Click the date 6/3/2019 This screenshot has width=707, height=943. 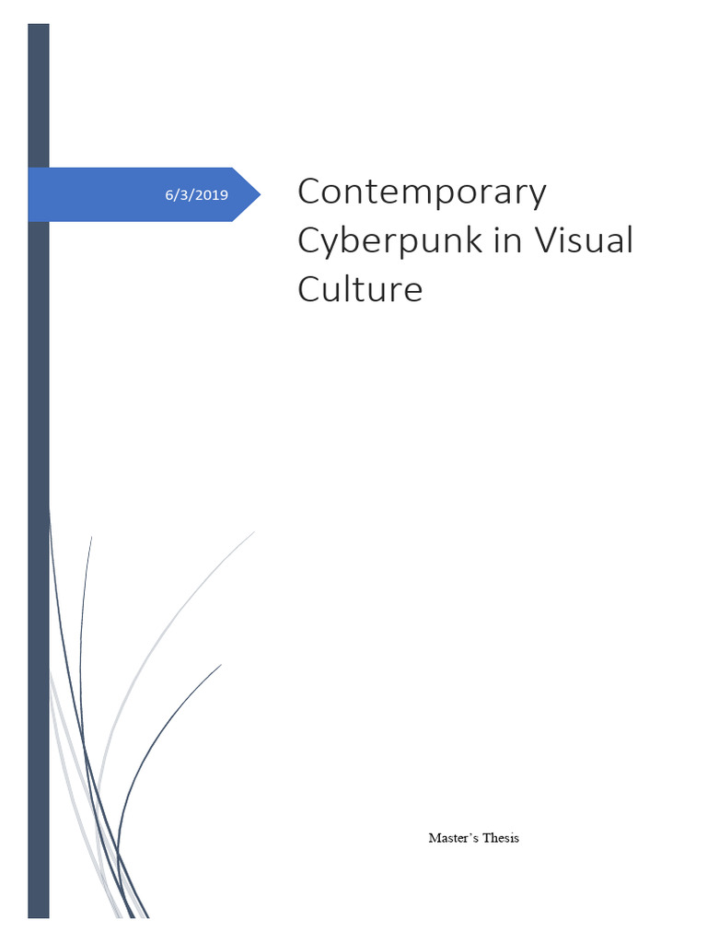tap(196, 195)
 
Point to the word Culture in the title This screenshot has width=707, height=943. tap(360, 289)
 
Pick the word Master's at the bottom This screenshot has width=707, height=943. tap(449, 838)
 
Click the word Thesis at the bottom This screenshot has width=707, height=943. tap(499, 838)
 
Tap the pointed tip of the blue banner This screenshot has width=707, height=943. tap(259, 194)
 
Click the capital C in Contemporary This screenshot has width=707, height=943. tap(310, 192)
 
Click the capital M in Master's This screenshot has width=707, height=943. tap(434, 838)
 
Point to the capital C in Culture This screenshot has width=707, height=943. tap(310, 289)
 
